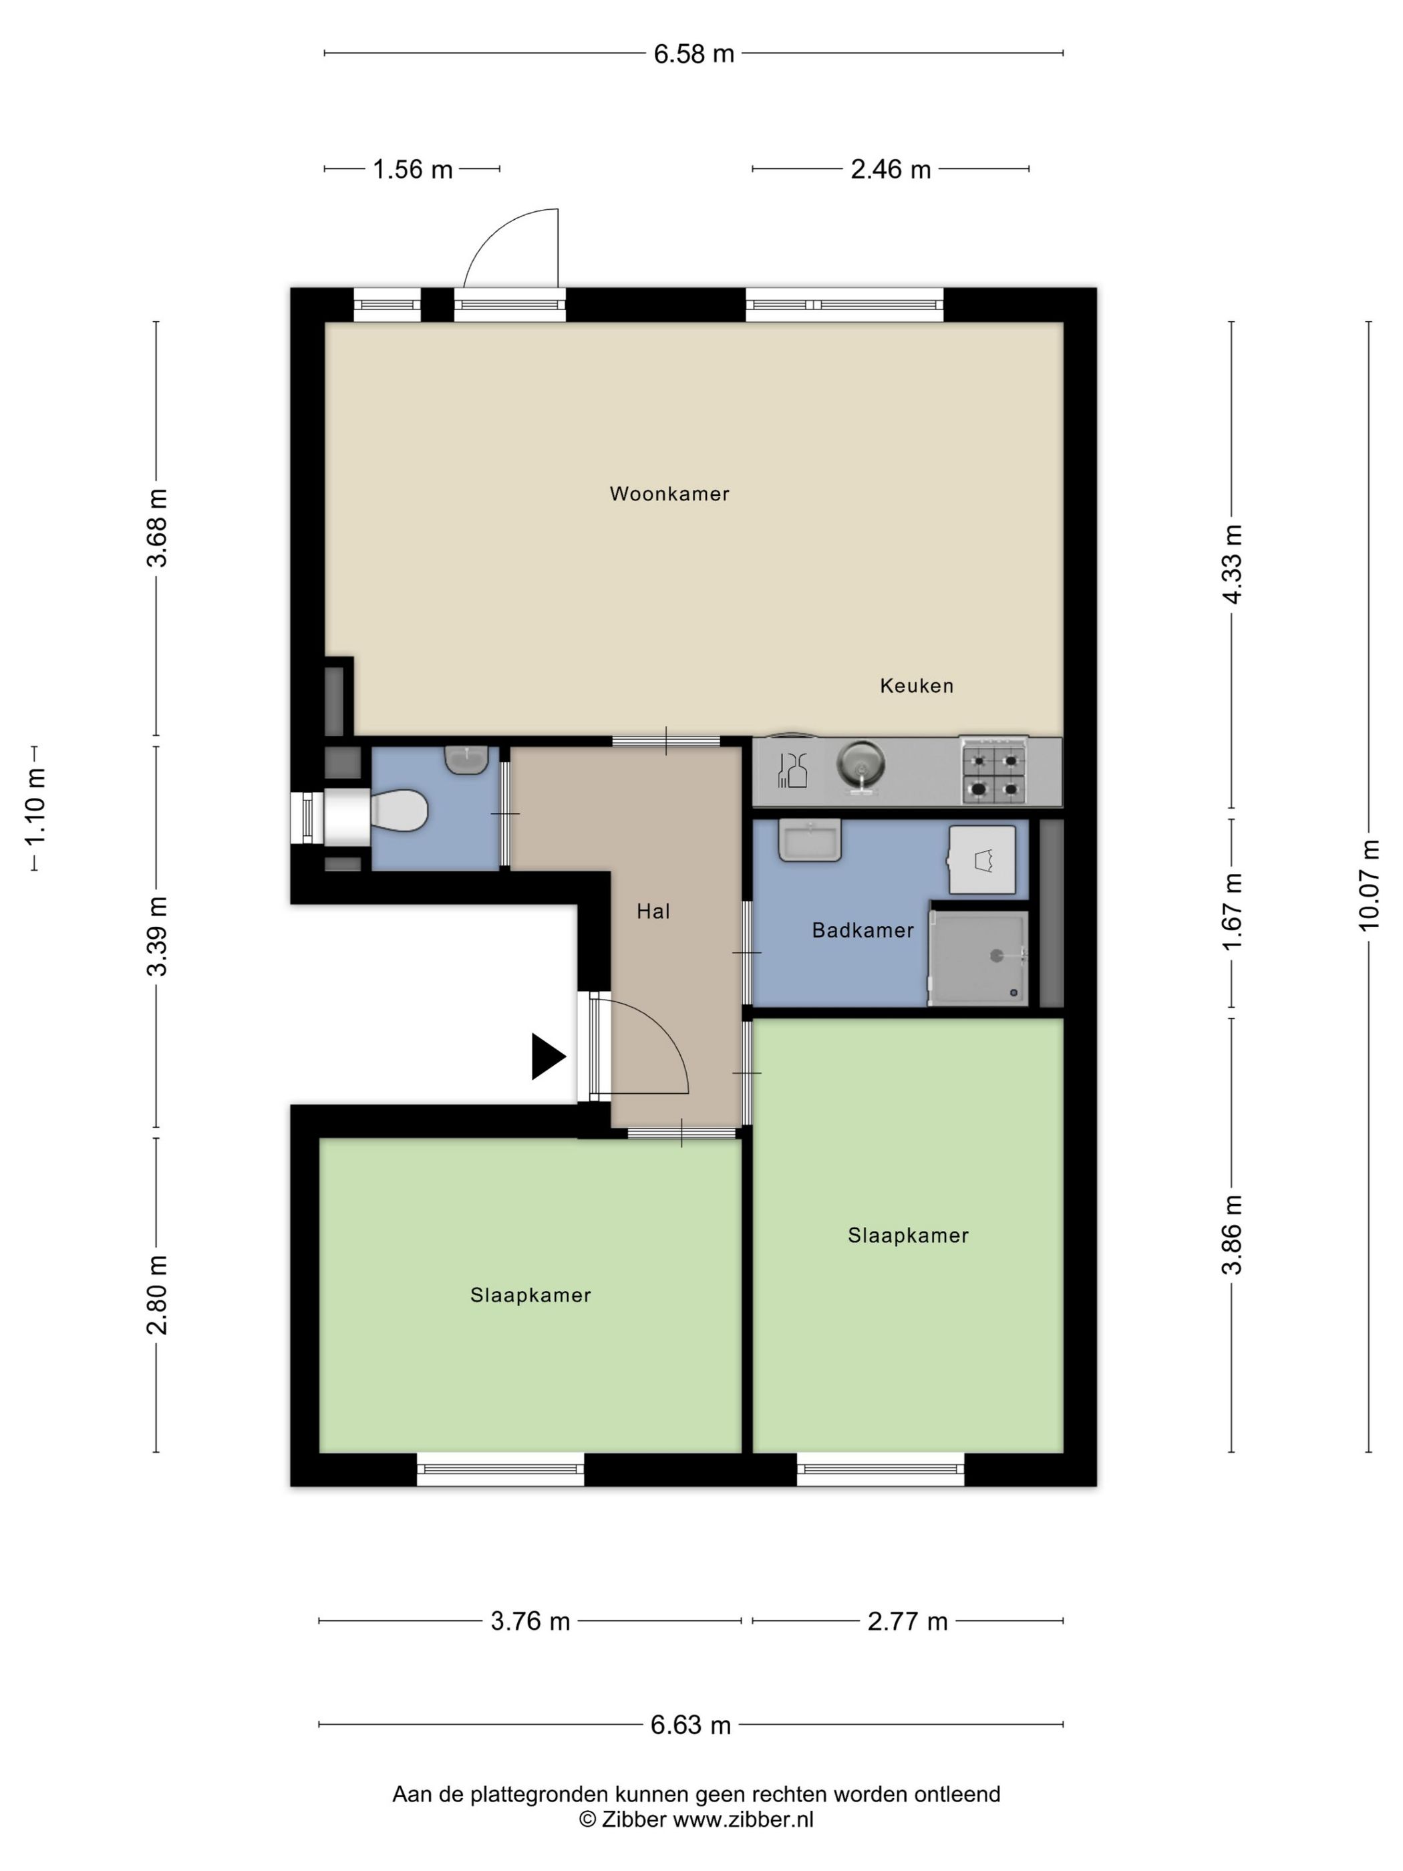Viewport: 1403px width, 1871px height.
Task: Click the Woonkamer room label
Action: point(669,493)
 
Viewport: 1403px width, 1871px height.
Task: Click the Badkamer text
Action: point(863,930)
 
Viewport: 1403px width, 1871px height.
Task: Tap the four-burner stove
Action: point(993,770)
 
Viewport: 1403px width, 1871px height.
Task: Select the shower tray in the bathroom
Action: point(979,958)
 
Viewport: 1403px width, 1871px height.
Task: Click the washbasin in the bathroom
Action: point(809,840)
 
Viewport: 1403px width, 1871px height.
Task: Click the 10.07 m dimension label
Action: point(1369,885)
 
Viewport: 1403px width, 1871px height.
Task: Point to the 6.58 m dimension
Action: point(693,53)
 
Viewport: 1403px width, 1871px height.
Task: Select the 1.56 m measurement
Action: point(413,169)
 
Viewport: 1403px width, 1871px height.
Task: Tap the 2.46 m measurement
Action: point(891,169)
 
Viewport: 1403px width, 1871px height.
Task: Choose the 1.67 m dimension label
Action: point(1232,912)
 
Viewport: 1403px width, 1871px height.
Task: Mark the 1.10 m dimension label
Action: point(35,808)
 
